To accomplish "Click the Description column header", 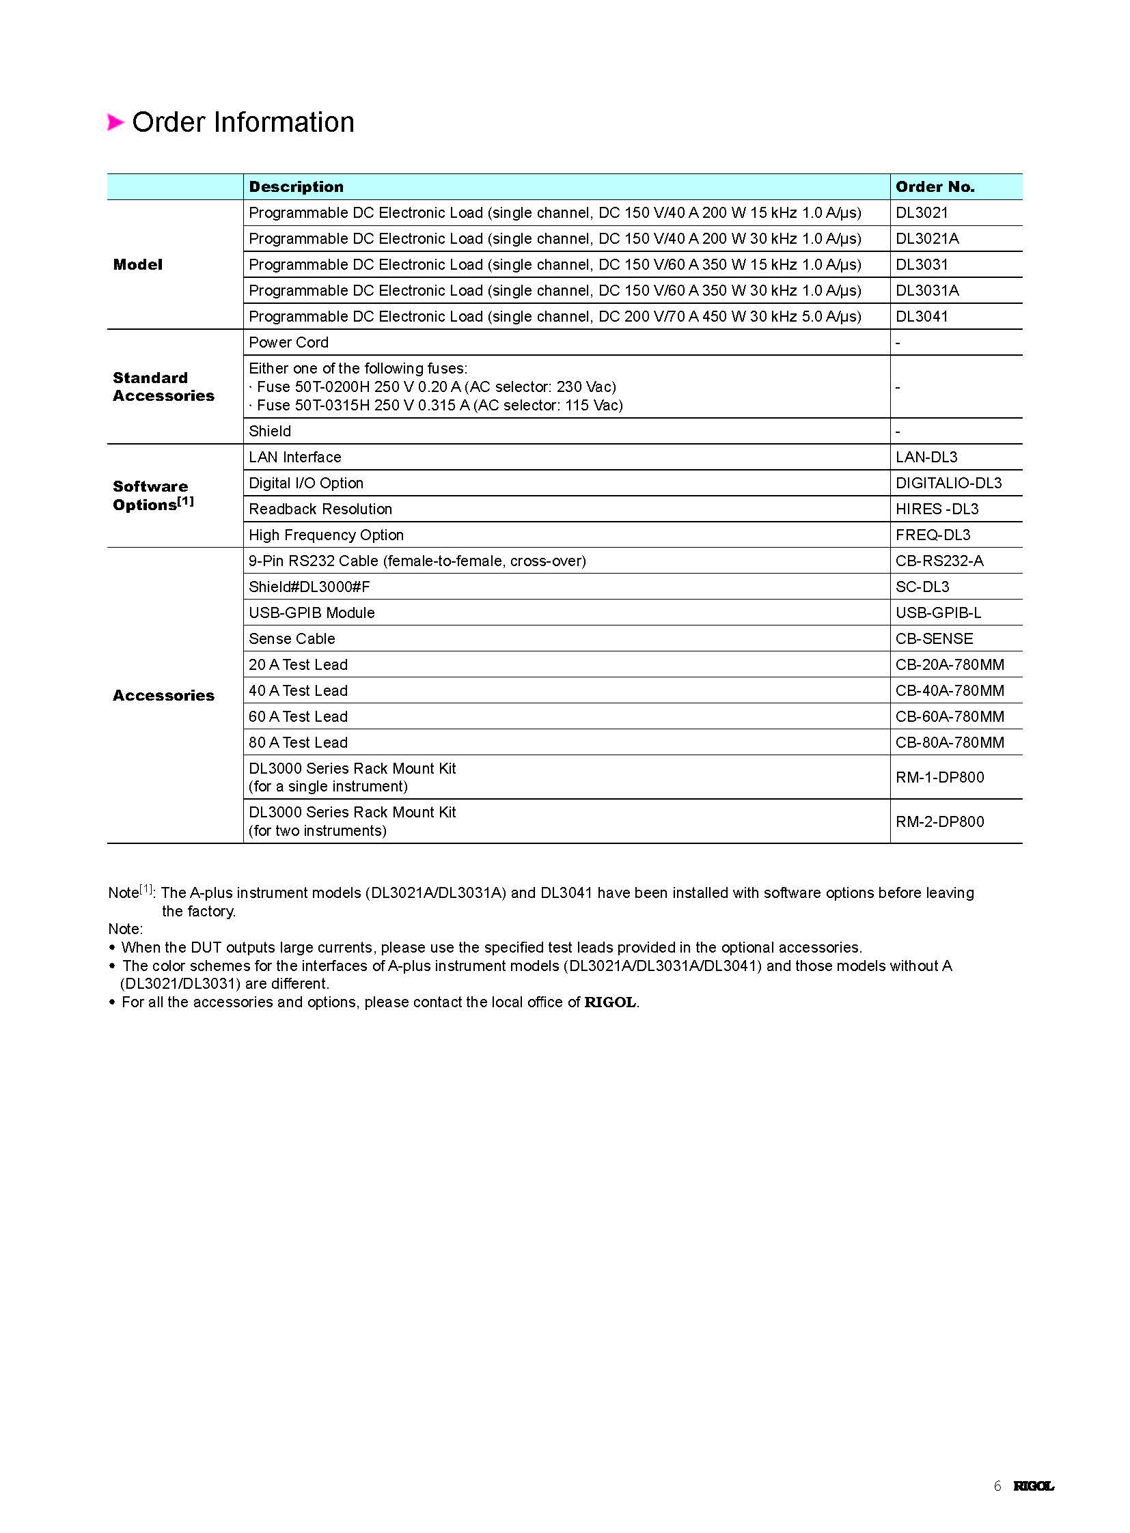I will tap(297, 186).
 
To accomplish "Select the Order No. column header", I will tap(935, 186).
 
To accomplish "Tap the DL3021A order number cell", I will tap(927, 238).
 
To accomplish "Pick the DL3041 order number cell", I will tap(922, 317).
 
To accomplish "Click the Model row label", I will tap(137, 265).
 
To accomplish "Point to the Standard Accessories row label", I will tap(163, 387).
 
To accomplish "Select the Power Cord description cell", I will tap(289, 343).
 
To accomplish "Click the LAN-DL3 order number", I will tap(926, 458).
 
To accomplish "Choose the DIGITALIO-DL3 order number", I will tap(948, 483).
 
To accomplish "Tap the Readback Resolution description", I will tap(320, 509).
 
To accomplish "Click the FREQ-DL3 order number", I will tap(933, 535).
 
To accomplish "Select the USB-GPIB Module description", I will tap(312, 613).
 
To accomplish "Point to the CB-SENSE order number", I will tap(934, 639).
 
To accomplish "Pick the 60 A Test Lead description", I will tap(299, 717).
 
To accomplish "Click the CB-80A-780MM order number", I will tap(950, 743).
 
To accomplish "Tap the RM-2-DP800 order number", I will tap(939, 822).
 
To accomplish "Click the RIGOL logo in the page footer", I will tap(1033, 1486).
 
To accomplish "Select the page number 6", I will tap(997, 1486).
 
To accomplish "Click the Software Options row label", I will tap(152, 496).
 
